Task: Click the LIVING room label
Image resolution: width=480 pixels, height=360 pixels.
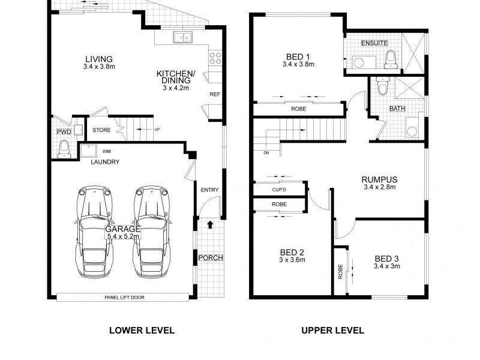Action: (98, 59)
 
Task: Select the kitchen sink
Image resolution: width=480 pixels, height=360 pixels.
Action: (183, 38)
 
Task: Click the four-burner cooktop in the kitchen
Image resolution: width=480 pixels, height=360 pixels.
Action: (215, 59)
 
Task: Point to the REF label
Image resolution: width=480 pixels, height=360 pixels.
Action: (214, 95)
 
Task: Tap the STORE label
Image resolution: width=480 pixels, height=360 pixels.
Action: (101, 129)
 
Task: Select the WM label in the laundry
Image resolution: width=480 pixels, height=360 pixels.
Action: (107, 151)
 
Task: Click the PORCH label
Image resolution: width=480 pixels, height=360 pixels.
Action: (210, 258)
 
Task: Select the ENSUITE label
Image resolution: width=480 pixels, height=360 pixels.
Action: (374, 43)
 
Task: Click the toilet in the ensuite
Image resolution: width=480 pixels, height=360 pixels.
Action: (391, 59)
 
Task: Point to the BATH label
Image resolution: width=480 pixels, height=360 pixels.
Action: (397, 109)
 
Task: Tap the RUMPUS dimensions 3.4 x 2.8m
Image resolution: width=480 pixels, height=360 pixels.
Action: (380, 187)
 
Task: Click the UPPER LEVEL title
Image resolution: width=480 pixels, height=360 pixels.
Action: (332, 330)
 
